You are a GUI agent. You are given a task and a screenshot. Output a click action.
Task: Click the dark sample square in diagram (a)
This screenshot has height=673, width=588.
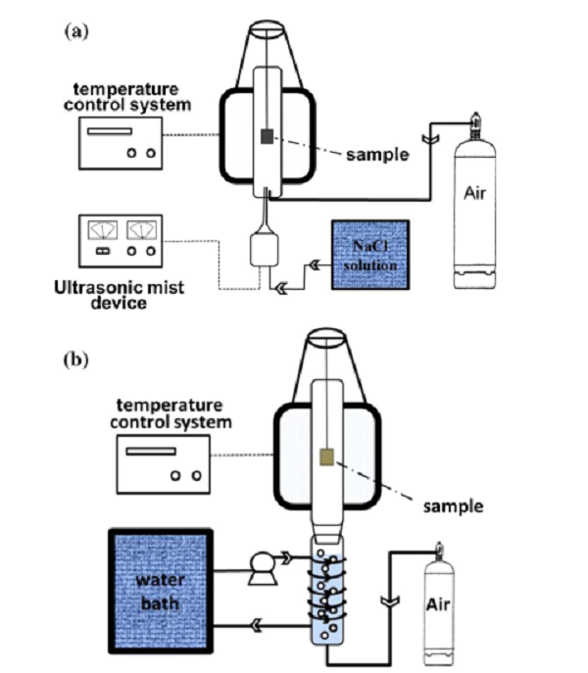click(x=267, y=138)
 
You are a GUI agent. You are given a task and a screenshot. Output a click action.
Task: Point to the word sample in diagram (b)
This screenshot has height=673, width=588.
click(x=452, y=506)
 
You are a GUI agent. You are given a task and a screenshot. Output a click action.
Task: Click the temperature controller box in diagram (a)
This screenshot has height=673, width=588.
click(x=122, y=139)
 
